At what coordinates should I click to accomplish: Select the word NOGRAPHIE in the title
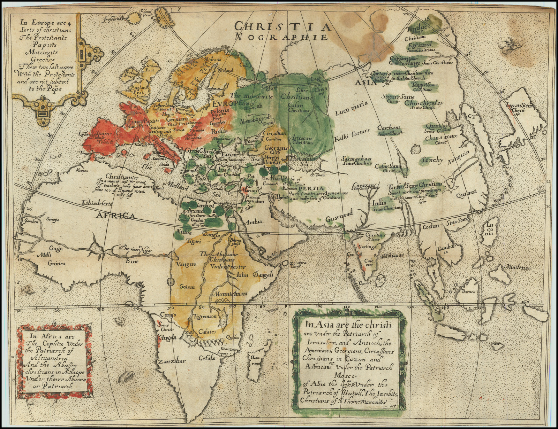282,37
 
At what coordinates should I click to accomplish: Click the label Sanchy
431,160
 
